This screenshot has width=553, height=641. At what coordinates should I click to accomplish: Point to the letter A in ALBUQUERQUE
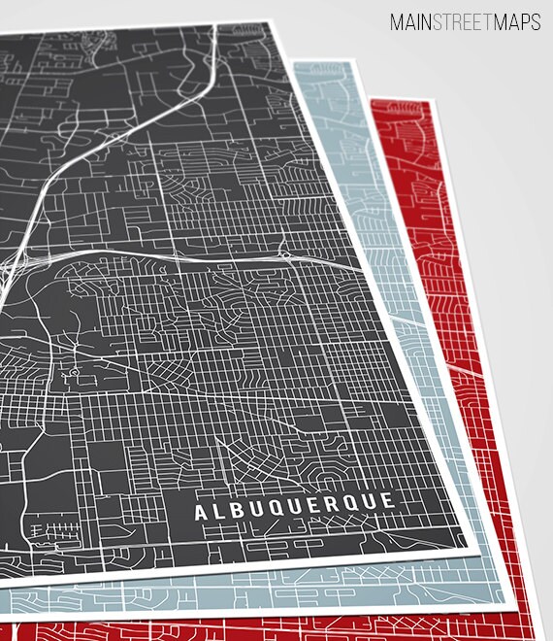pos(200,513)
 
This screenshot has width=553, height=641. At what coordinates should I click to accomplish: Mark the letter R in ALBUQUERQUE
pos(332,504)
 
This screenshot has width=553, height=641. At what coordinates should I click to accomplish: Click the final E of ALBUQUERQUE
pos(388,500)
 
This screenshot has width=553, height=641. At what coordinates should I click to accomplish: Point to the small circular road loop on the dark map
pos(73,374)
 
